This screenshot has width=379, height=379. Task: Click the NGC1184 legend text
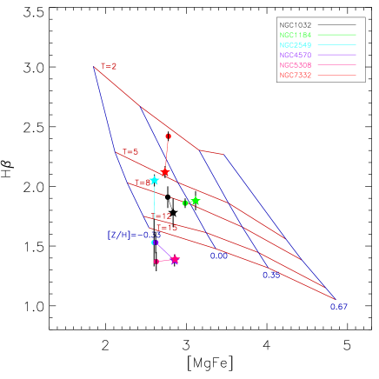[296, 36]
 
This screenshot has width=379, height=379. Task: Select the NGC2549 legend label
[296, 45]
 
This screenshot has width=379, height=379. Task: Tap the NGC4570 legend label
[296, 55]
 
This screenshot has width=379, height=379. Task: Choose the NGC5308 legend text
[296, 65]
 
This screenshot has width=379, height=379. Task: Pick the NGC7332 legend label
[296, 76]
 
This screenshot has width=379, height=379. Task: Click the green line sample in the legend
[337, 36]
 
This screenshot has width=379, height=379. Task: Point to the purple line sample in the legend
[337, 55]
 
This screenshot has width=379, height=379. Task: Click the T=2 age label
[109, 66]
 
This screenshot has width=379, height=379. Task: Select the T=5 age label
[130, 152]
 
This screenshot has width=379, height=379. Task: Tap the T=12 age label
[162, 216]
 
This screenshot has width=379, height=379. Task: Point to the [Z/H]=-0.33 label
[134, 235]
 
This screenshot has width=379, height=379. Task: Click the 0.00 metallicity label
[219, 256]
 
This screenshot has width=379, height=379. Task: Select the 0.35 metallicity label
[271, 276]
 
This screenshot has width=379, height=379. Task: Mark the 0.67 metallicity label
[338, 307]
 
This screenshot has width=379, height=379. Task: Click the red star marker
[164, 172]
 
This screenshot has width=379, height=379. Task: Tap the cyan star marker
[154, 181]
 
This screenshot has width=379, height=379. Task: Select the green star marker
[196, 201]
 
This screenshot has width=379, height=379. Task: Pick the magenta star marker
[175, 260]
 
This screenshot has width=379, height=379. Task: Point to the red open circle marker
[168, 136]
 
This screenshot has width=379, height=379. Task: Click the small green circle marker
[185, 203]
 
